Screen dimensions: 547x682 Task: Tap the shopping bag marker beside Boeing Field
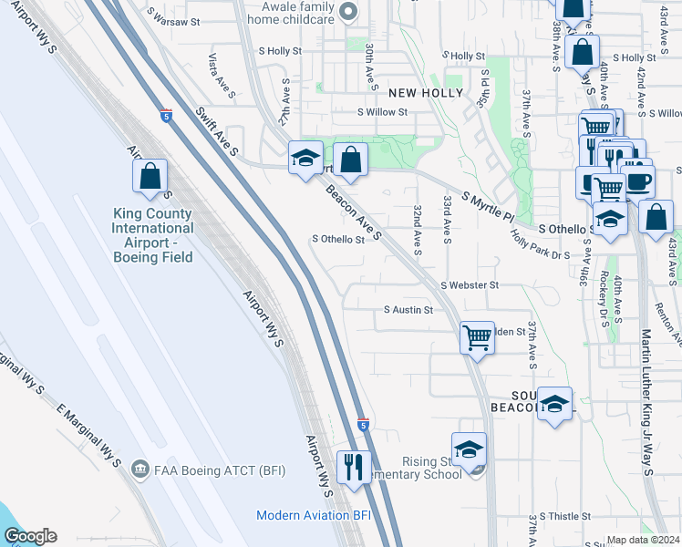[150, 177]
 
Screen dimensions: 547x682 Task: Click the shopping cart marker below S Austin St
[477, 337]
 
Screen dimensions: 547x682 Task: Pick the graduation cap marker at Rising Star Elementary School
[469, 449]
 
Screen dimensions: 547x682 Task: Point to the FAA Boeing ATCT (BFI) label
[192, 470]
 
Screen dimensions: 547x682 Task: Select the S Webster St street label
[470, 285]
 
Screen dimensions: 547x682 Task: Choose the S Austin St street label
[408, 310]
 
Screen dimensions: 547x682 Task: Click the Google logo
[30, 536]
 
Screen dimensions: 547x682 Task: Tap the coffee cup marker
[637, 181]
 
